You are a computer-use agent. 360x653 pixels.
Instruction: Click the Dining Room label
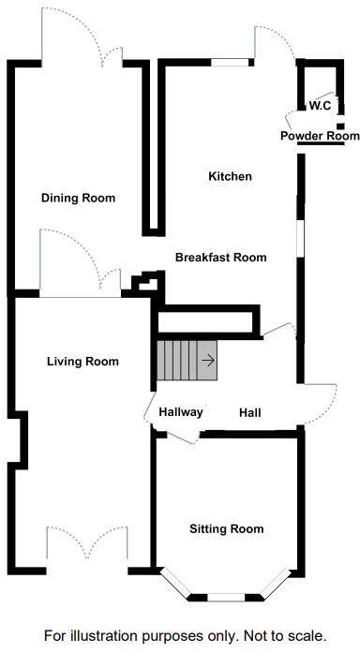78,198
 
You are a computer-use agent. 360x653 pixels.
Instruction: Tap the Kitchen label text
230,176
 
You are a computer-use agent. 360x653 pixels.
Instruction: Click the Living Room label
82,361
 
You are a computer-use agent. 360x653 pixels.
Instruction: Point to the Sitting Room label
226,528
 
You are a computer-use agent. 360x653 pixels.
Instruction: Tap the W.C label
321,106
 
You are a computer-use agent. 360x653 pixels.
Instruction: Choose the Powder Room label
320,137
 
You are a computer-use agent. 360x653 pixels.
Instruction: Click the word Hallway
180,412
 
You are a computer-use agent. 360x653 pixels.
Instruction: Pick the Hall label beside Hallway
250,412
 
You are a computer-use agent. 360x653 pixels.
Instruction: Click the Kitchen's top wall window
230,63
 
